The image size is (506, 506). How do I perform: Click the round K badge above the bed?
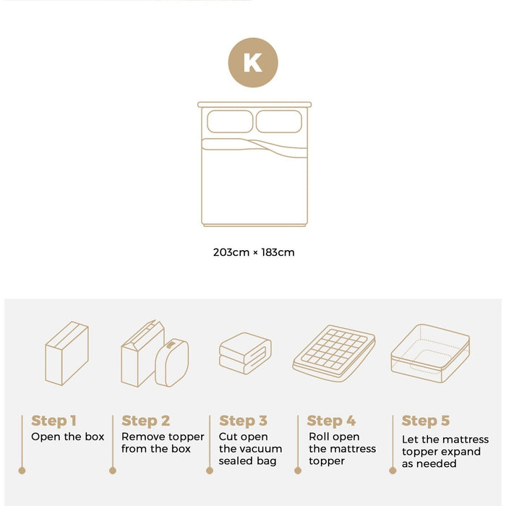253,62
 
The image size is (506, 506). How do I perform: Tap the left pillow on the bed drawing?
229,121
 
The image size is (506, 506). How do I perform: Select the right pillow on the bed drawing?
278,121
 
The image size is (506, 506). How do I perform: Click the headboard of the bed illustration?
254,104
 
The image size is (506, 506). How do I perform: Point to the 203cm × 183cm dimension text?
254,252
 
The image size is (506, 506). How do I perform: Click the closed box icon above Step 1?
67,353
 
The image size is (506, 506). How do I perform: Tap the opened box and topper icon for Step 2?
155,354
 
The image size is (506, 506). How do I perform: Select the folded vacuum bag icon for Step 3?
245,353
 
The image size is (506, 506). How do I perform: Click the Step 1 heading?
53,421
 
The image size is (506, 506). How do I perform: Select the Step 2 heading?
145,421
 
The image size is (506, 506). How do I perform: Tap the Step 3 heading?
243,421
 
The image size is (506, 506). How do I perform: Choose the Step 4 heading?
331,421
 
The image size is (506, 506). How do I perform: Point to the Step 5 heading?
425,421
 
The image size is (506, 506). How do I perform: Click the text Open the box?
67,437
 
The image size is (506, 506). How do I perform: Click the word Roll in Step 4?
319,437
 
